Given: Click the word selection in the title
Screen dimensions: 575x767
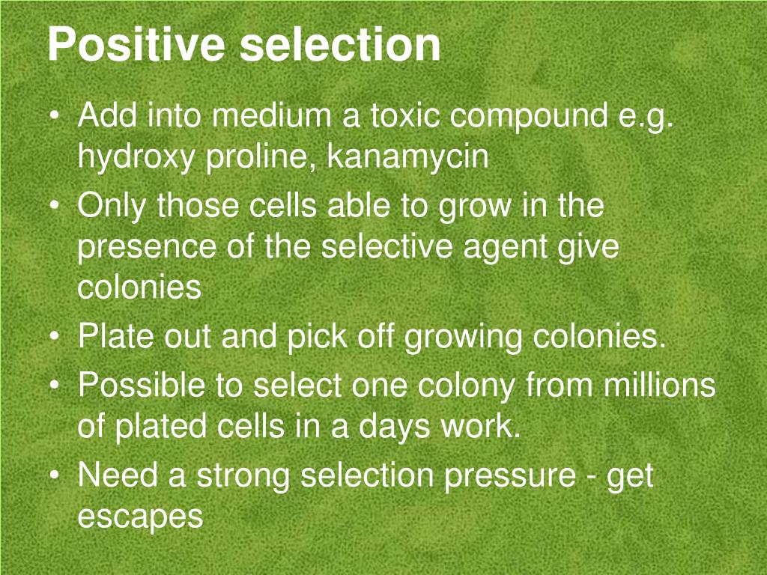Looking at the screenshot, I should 341,45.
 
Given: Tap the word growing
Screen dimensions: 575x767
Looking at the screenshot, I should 464,339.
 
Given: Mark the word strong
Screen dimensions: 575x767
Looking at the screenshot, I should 244,476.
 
